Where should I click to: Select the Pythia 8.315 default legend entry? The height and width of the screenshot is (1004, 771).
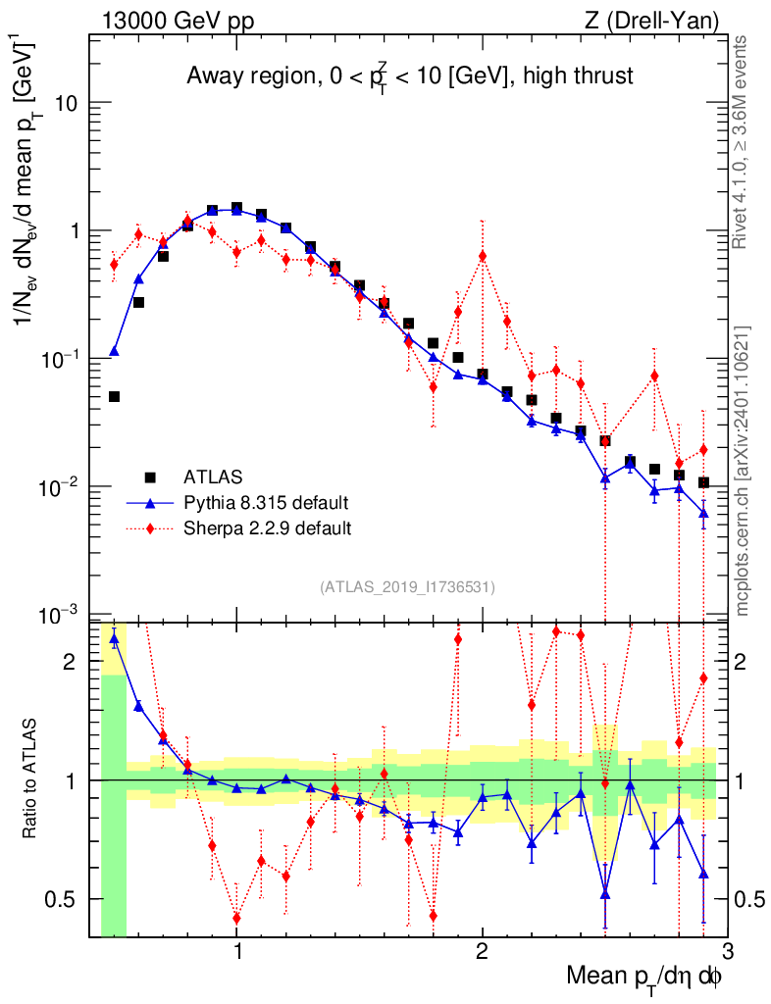tap(265, 503)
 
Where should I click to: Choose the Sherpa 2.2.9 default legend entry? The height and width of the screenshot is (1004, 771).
tap(267, 527)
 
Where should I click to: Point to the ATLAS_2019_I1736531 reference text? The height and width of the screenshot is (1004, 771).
tap(407, 587)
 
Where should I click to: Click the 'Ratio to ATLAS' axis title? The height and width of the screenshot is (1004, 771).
tap(32, 778)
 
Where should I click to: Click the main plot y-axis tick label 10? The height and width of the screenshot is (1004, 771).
tap(67, 104)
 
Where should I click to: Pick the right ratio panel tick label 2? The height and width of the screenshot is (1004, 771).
tap(747, 662)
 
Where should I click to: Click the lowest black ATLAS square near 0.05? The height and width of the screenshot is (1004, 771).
tap(114, 397)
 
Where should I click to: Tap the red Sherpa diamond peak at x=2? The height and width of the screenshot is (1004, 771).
tap(483, 256)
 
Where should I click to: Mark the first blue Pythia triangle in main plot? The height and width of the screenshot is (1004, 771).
tap(114, 351)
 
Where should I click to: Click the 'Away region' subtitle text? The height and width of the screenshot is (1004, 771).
tap(409, 76)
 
